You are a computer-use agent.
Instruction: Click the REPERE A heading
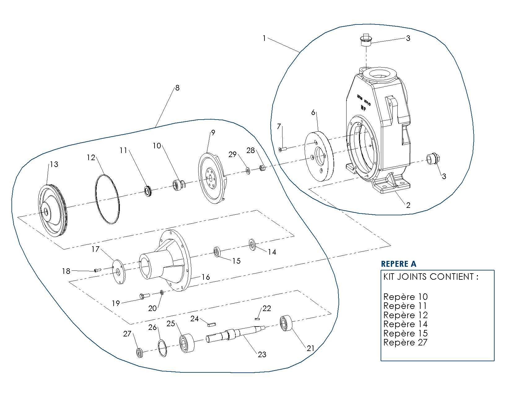tap(399, 264)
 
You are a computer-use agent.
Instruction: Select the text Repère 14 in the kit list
tap(405, 324)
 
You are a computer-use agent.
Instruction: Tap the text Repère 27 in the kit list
tap(405, 343)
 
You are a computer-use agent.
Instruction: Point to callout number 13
tap(54, 164)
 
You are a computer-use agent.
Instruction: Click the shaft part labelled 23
tap(235, 334)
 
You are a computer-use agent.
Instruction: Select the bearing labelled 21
tap(286, 323)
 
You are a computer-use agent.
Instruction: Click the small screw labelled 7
tap(283, 149)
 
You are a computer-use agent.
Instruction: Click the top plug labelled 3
tap(366, 40)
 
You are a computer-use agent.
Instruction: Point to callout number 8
tap(177, 88)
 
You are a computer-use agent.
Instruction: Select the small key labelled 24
tap(212, 324)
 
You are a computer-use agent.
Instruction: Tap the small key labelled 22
tap(257, 319)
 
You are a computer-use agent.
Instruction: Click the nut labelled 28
tap(262, 168)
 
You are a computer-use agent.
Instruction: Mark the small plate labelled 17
tap(118, 271)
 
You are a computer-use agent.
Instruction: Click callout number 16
tap(206, 277)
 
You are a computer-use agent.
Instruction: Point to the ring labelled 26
tap(162, 348)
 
